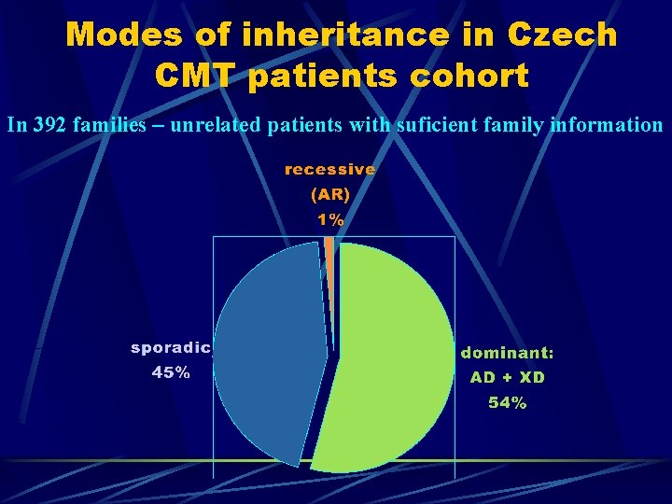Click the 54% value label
click(x=508, y=403)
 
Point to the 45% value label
click(x=172, y=372)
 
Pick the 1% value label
click(x=330, y=220)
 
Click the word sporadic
click(x=172, y=348)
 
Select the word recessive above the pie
click(x=330, y=170)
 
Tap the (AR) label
click(x=330, y=195)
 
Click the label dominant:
click(x=508, y=353)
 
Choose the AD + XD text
click(x=508, y=378)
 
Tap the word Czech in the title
click(x=562, y=35)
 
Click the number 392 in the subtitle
click(x=48, y=124)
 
